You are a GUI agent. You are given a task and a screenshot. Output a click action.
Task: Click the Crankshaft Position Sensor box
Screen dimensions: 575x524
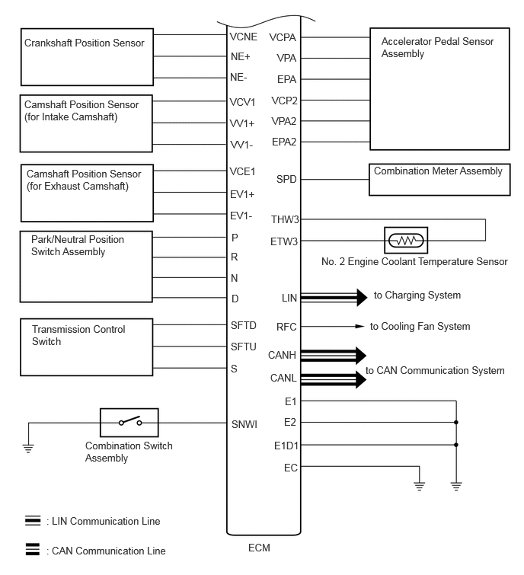pyautogui.click(x=83, y=58)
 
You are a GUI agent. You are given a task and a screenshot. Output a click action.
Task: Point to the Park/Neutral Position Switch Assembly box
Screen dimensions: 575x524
pyautogui.click(x=84, y=267)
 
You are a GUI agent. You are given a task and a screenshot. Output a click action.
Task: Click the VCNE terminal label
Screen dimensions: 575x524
pyautogui.click(x=243, y=36)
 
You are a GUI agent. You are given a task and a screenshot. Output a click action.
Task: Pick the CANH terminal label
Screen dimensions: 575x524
pyautogui.click(x=282, y=355)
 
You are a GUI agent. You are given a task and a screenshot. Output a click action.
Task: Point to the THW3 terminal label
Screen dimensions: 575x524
pyautogui.click(x=285, y=220)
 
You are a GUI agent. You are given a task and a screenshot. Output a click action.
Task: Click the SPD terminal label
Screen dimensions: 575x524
pyautogui.click(x=286, y=180)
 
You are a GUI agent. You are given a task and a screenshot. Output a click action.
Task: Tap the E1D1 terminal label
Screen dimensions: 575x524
pyautogui.click(x=286, y=445)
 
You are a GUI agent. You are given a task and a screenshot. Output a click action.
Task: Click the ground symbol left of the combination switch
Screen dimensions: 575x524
pyautogui.click(x=28, y=447)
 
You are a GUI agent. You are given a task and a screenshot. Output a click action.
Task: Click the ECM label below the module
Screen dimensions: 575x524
pyautogui.click(x=259, y=548)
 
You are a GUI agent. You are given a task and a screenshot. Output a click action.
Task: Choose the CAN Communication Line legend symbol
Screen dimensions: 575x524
pyautogui.click(x=33, y=550)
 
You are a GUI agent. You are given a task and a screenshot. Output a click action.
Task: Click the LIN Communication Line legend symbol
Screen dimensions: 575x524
pyautogui.click(x=33, y=521)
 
